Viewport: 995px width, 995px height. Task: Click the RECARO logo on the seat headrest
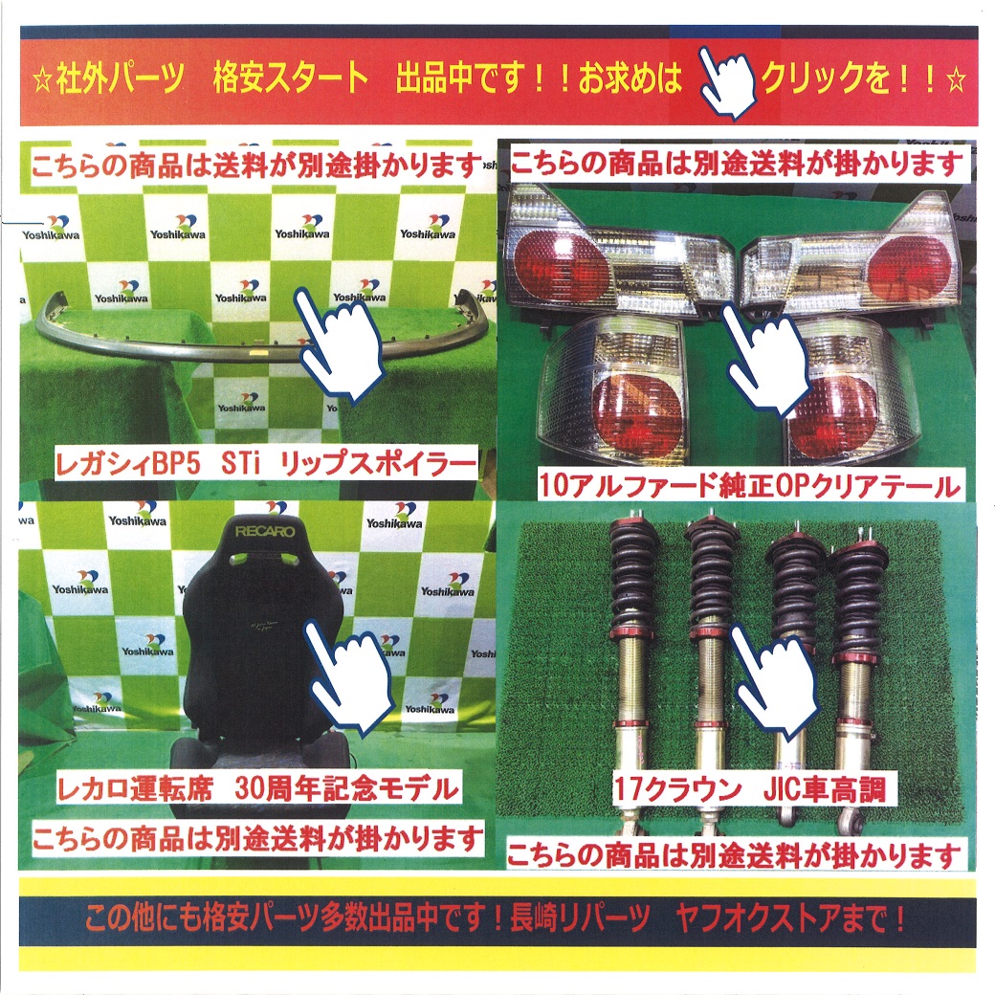pyautogui.click(x=265, y=530)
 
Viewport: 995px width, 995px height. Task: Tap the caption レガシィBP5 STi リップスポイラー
pyautogui.click(x=265, y=464)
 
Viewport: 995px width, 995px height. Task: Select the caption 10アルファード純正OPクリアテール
pyautogui.click(x=748, y=485)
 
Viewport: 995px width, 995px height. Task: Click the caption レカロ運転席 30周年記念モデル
pyautogui.click(x=257, y=788)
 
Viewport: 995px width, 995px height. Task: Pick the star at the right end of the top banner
pyautogui.click(x=955, y=80)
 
